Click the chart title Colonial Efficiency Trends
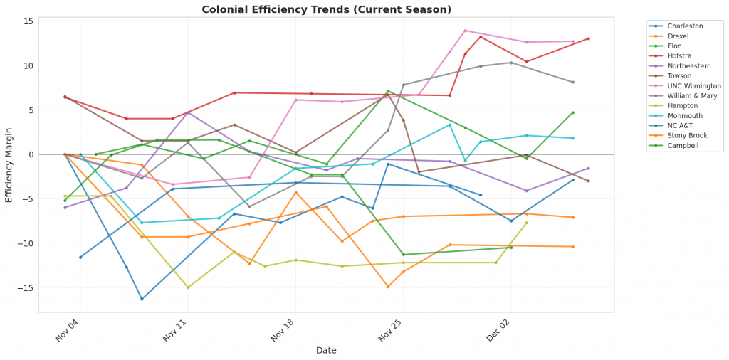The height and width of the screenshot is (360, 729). coord(327,9)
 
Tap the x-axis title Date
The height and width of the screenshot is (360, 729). coord(327,350)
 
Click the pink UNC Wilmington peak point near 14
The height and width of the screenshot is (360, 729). coord(465,31)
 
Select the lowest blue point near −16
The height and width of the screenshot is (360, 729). coord(142,299)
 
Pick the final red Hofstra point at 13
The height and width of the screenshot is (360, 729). coord(588,38)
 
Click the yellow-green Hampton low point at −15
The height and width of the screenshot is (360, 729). coord(188,287)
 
